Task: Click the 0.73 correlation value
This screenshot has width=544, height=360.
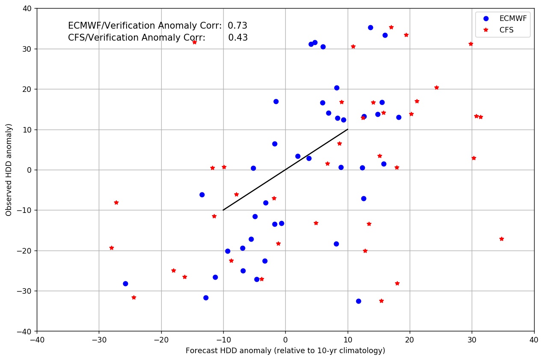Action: click(x=237, y=26)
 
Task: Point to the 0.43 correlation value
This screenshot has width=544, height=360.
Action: click(x=238, y=38)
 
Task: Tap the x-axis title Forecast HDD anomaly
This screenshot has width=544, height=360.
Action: click(x=285, y=351)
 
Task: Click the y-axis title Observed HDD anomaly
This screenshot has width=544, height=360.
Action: click(x=9, y=170)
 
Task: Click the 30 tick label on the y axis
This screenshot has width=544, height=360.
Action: click(x=28, y=49)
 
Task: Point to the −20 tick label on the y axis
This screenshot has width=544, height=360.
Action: click(x=27, y=251)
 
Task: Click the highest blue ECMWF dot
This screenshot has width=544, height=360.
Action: click(x=370, y=27)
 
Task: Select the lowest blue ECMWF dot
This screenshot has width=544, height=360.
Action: click(x=358, y=301)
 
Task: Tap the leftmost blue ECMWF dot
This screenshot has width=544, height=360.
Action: click(x=125, y=283)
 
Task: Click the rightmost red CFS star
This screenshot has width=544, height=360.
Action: click(x=501, y=239)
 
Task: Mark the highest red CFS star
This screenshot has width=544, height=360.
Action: click(x=391, y=27)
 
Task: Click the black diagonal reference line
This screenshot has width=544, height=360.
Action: click(x=285, y=170)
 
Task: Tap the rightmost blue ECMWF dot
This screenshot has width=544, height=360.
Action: click(x=399, y=117)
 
